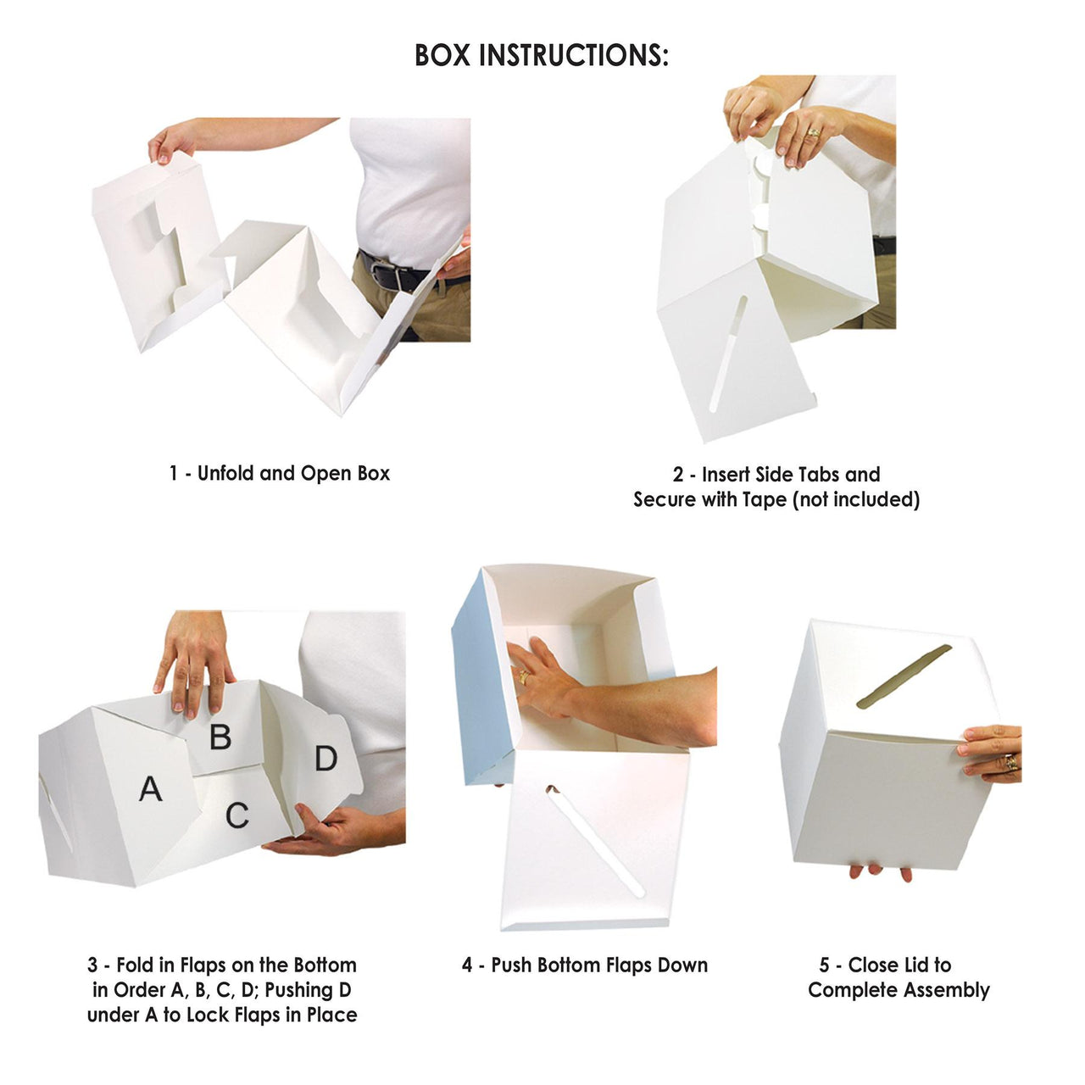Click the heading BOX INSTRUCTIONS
pyautogui.click(x=541, y=55)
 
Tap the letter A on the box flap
pyautogui.click(x=150, y=789)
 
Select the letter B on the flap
pyautogui.click(x=220, y=737)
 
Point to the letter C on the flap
pyautogui.click(x=237, y=815)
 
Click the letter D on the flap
pyautogui.click(x=326, y=758)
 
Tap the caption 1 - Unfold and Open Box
pyautogui.click(x=279, y=473)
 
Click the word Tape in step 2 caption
pyautogui.click(x=765, y=499)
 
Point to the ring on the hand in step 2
pyautogui.click(x=813, y=133)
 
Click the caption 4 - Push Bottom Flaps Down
pyautogui.click(x=584, y=965)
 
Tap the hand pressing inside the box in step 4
pyautogui.click(x=542, y=678)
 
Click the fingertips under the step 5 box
pyautogui.click(x=882, y=871)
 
